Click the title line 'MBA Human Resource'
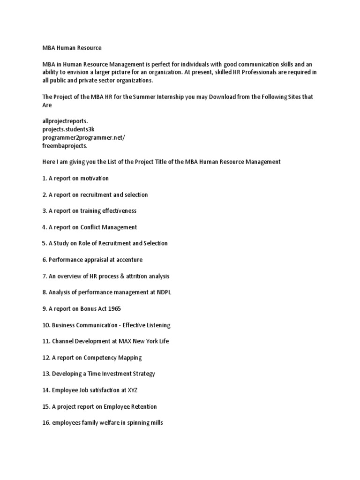click(x=72, y=48)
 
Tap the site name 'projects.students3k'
click(x=69, y=129)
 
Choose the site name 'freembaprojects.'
click(x=65, y=145)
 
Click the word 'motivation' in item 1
click(x=94, y=178)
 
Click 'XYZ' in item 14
click(x=135, y=390)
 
